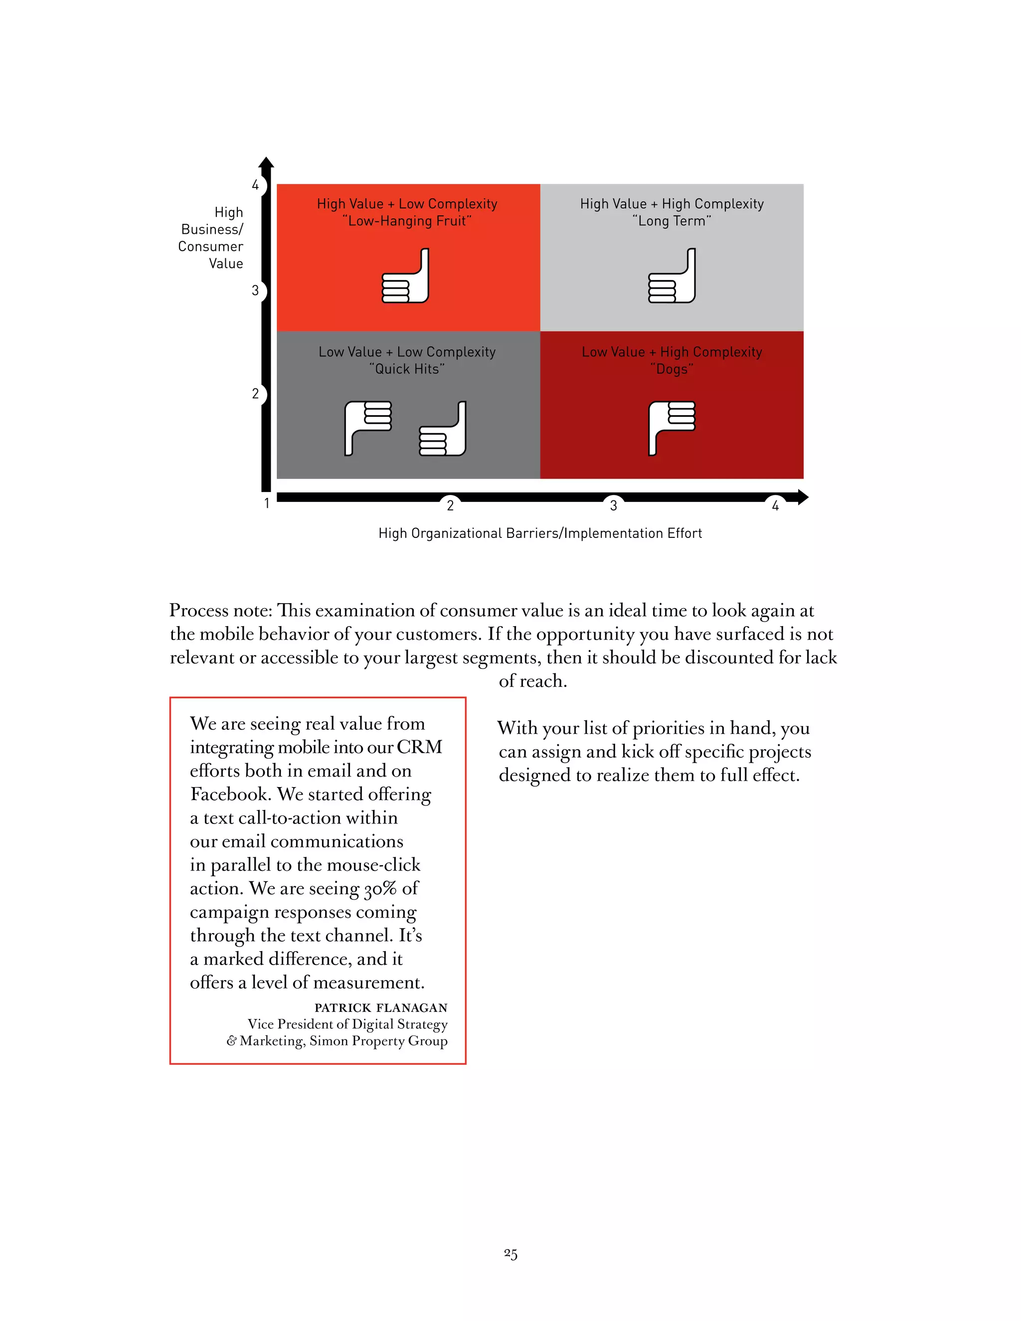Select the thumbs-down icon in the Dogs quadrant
tap(672, 427)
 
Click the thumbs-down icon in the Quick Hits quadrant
tap(368, 427)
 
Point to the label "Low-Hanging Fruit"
tap(407, 221)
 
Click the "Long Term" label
tap(672, 221)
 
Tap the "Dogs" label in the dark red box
tap(672, 369)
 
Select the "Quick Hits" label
tap(407, 369)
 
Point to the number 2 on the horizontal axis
tap(450, 505)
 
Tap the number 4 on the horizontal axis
tap(775, 505)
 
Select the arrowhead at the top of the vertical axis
tap(266, 162)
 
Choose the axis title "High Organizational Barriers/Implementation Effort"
tap(540, 533)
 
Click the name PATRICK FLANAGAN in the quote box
tap(381, 1007)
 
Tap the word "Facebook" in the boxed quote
tap(229, 794)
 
